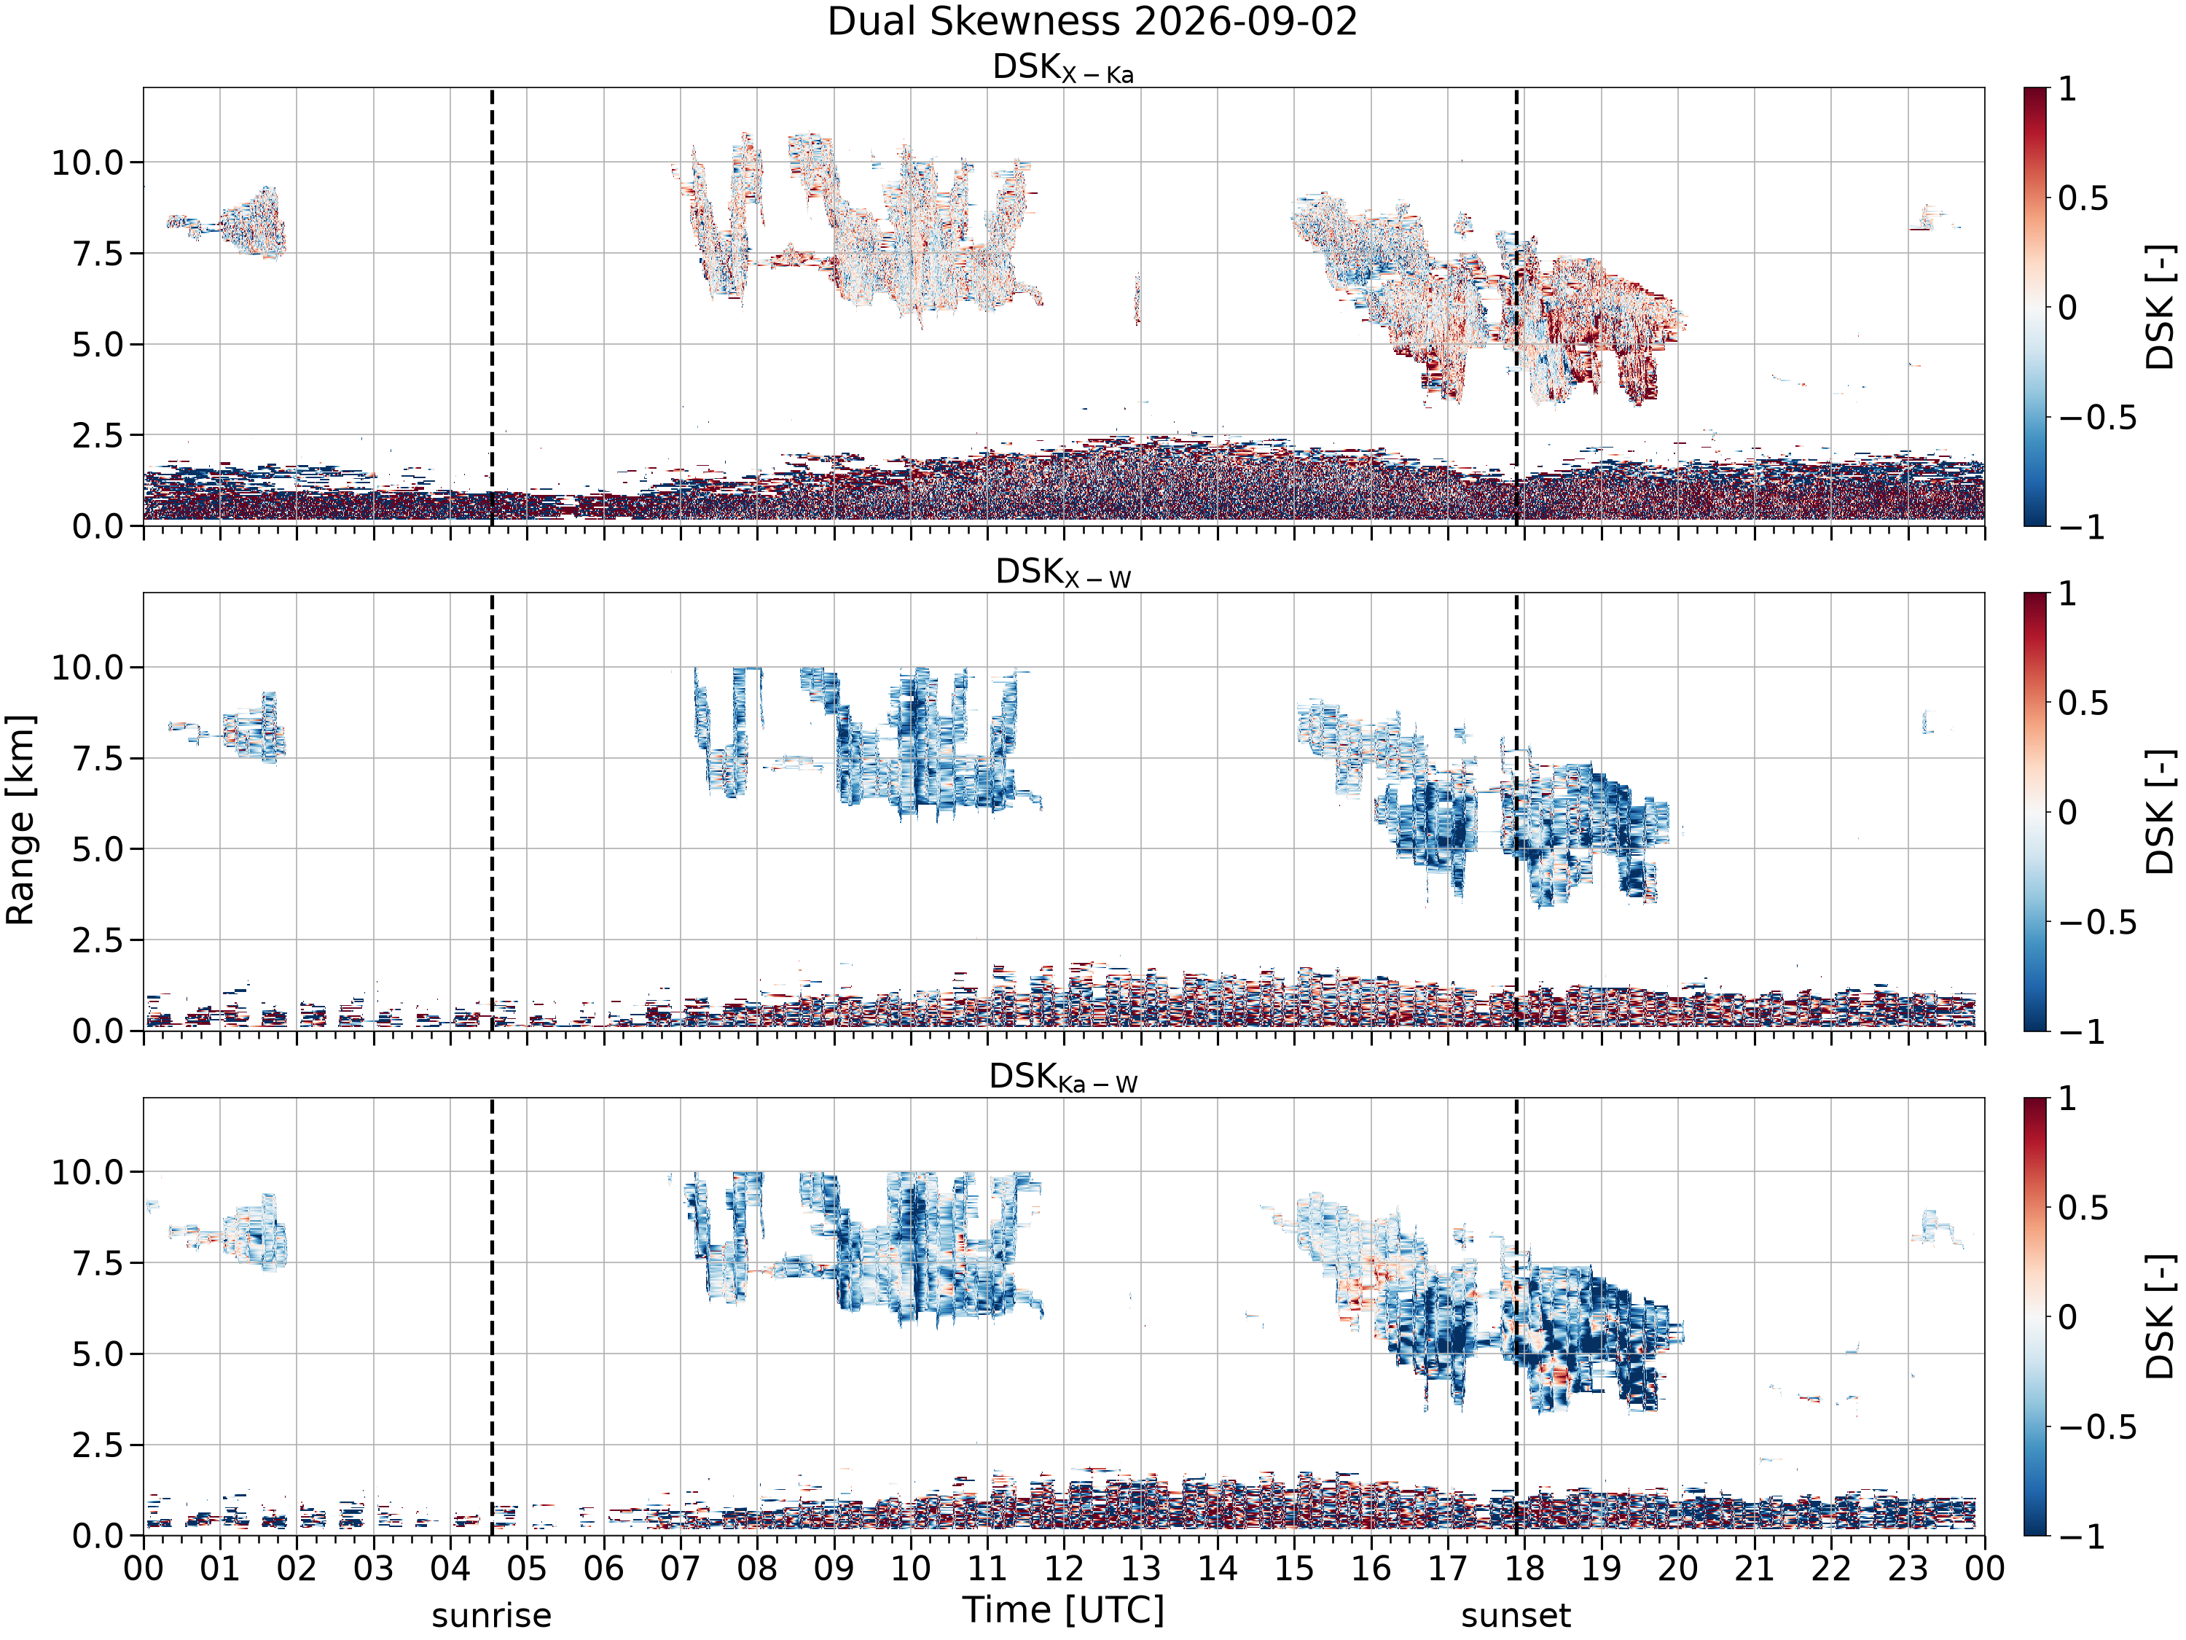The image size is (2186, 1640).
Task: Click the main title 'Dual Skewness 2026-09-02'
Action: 1092,22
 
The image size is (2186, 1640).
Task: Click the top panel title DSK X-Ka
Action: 1063,69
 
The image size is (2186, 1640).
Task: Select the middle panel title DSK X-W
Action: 1063,574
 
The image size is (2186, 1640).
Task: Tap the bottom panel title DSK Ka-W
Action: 1063,1077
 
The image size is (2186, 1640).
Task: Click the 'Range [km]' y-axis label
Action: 20,819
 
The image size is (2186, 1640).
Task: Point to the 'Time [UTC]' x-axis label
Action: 1063,1610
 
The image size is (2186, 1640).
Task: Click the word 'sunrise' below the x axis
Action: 491,1615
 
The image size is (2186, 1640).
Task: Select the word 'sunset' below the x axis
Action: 1516,1615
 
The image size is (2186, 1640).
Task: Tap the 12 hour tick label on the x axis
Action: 1063,1568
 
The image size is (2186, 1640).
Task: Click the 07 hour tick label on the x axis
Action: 680,1568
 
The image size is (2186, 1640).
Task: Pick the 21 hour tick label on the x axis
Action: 1754,1568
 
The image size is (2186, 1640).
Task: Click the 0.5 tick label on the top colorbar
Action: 2083,198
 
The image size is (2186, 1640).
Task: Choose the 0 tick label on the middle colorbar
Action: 2067,813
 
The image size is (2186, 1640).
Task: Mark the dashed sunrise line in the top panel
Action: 492,306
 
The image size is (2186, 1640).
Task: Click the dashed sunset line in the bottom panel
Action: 1517,1317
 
